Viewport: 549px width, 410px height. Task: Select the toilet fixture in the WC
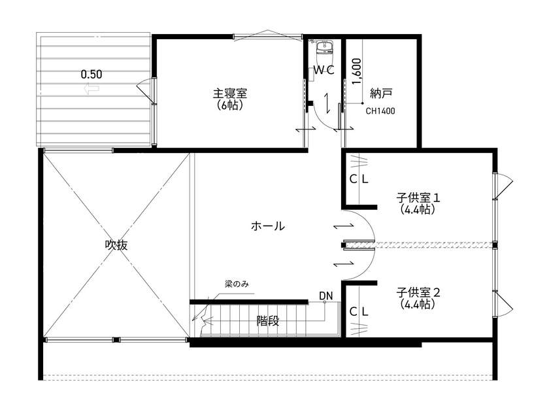click(324, 48)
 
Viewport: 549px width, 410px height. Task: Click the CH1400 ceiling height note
click(380, 111)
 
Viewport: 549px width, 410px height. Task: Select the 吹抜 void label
click(116, 245)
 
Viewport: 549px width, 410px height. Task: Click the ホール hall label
click(267, 226)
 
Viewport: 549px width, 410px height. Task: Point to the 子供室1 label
click(419, 197)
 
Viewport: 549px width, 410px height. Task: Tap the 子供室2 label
click(419, 292)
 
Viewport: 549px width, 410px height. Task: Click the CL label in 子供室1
click(359, 179)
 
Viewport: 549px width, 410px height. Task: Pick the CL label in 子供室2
click(359, 312)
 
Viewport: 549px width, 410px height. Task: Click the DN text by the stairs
click(326, 296)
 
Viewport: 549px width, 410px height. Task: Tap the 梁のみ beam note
click(237, 284)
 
